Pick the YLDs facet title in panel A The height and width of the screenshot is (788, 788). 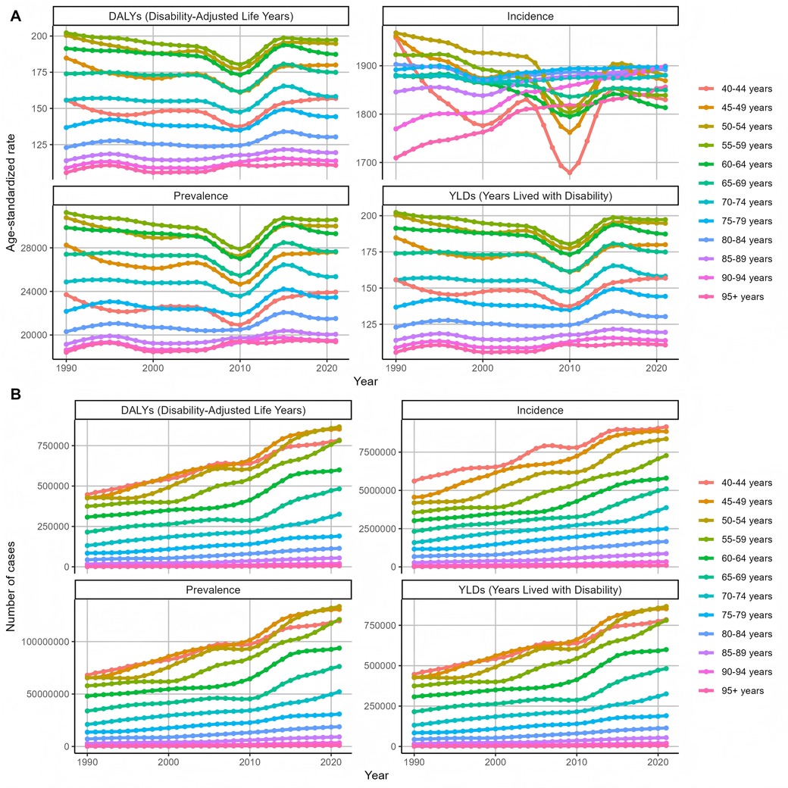(530, 197)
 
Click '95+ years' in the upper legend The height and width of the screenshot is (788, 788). (744, 296)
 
